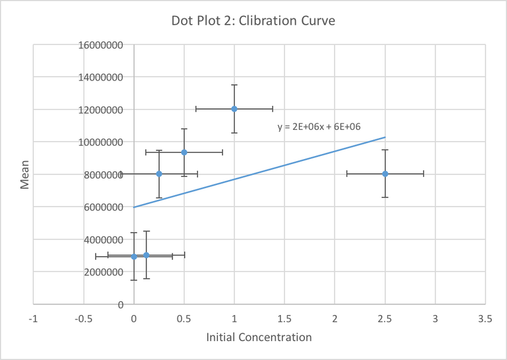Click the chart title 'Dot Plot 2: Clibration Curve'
point(253,21)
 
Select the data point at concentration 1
point(234,109)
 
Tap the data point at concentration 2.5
point(385,174)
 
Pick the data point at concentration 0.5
point(184,152)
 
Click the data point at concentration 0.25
point(159,174)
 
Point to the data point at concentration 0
point(134,257)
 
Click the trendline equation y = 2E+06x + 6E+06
point(319,127)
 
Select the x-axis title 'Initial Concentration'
point(259,337)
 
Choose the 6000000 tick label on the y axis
point(100,207)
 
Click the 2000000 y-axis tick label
point(100,272)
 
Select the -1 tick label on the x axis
point(33,318)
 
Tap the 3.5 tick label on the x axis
point(485,318)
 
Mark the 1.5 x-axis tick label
point(285,318)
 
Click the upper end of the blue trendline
point(385,137)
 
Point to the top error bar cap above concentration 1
point(234,85)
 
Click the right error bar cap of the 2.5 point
point(423,174)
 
